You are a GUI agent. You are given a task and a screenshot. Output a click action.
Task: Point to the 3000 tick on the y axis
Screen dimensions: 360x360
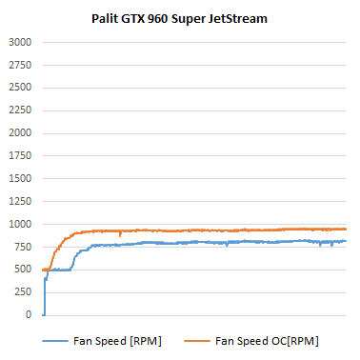pos(19,43)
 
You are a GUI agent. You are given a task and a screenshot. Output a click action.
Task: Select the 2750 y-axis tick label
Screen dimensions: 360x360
pos(19,66)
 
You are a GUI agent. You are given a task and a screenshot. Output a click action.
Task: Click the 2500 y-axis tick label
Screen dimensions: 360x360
pos(19,89)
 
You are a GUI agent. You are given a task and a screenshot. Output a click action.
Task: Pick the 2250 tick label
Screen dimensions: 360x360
pos(19,110)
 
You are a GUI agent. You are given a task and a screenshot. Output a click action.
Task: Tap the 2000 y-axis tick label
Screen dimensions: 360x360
pos(19,133)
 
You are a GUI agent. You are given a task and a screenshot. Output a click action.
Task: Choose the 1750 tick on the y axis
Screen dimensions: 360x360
pos(19,156)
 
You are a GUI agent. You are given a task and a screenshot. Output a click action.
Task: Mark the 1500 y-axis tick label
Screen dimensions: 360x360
pos(19,179)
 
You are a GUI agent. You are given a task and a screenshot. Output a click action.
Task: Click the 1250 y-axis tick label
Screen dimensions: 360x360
pos(19,202)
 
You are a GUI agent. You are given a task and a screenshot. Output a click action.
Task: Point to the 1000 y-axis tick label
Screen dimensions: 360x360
pos(19,224)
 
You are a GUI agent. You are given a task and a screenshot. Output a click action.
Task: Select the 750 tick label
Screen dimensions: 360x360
pos(22,247)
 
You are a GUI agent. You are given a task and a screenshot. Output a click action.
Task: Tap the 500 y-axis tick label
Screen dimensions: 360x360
pos(22,270)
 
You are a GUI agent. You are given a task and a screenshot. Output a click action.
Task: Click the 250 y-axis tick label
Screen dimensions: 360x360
pos(22,292)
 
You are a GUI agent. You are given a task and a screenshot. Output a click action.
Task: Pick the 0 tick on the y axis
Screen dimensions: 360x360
pos(29,315)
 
